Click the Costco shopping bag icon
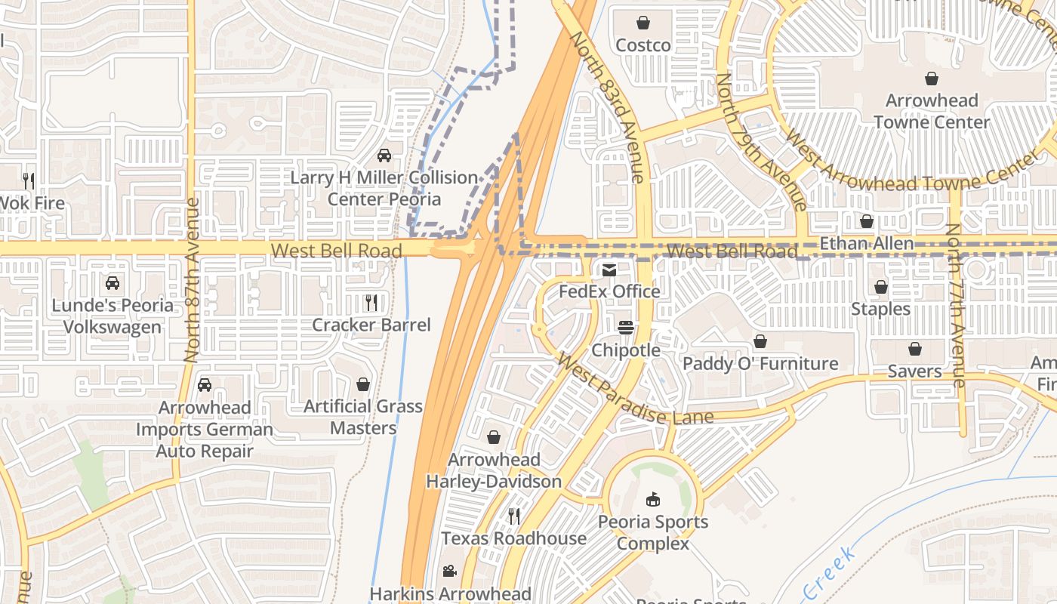click(643, 23)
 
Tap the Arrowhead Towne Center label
click(932, 111)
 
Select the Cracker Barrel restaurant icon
click(371, 303)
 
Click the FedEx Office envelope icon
click(609, 270)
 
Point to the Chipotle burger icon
click(625, 328)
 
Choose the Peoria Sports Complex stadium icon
click(653, 499)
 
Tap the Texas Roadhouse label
click(513, 538)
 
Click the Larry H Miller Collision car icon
click(384, 156)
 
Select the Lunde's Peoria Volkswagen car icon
click(112, 283)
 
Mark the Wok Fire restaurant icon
click(29, 180)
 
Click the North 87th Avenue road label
click(191, 279)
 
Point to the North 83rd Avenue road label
click(609, 106)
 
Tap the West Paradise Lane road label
click(634, 390)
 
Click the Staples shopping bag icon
click(880, 287)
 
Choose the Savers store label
click(914, 371)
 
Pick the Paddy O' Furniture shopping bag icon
click(760, 342)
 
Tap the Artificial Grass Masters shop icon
click(363, 384)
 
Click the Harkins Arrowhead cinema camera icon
click(450, 572)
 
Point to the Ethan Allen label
click(866, 243)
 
